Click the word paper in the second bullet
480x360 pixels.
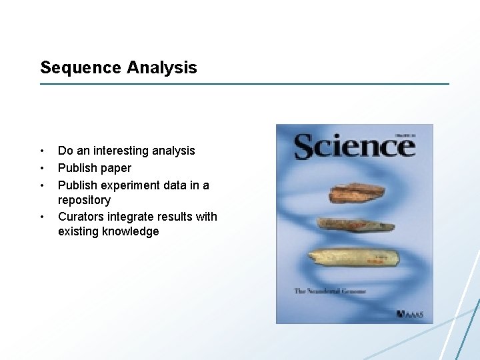(x=116, y=168)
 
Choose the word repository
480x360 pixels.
(x=84, y=200)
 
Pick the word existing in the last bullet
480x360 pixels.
(x=78, y=232)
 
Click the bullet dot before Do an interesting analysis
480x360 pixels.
(x=42, y=151)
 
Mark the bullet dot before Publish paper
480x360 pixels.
(x=42, y=168)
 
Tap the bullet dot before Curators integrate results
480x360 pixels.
(x=42, y=216)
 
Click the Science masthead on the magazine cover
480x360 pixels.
(x=354, y=145)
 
